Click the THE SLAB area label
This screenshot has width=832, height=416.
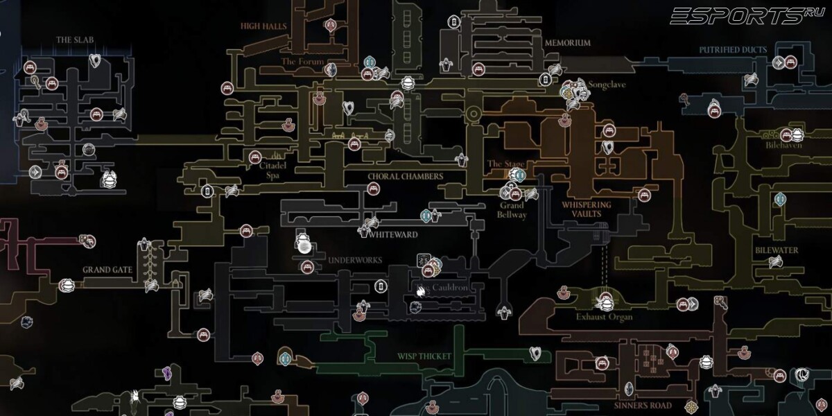coord(74,40)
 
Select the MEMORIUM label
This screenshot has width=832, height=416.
coord(567,42)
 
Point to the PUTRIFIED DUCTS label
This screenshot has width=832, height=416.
coord(732,50)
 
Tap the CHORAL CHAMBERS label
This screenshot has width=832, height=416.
coord(405,177)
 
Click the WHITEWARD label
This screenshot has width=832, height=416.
coord(393,234)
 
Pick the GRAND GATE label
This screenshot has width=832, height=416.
coord(107,269)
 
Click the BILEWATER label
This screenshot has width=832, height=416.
coord(777,250)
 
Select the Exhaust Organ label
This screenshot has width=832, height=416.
coord(604,317)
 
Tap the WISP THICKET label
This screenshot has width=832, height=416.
coord(424,356)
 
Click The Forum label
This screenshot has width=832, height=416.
coord(303,62)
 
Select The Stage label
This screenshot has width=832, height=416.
coord(505,164)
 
